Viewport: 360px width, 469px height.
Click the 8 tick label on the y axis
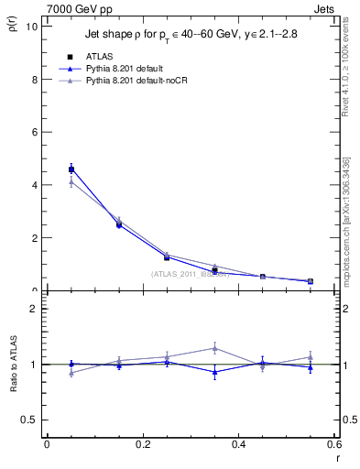[34, 79]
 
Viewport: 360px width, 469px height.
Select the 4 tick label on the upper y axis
[34, 185]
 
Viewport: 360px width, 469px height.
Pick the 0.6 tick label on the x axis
[334, 443]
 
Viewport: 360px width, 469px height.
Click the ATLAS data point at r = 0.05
[71, 169]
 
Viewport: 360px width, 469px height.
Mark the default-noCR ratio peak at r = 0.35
[214, 348]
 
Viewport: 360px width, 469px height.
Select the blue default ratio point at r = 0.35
[214, 372]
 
